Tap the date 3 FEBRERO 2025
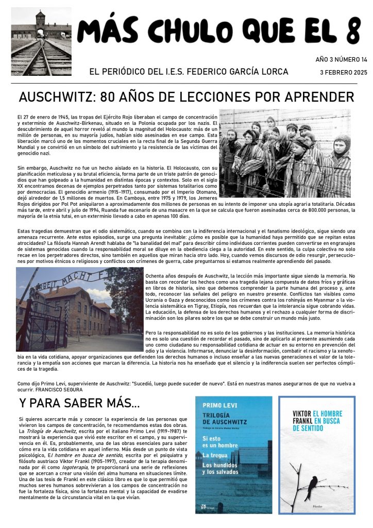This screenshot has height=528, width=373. (344, 73)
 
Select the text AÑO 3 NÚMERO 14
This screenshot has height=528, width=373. (341, 60)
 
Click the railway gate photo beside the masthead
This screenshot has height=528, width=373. (41, 41)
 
